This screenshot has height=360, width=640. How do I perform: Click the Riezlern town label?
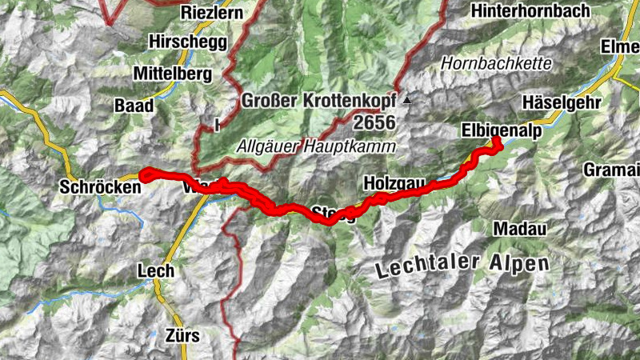[x=213, y=13]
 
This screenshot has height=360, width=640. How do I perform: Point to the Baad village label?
[x=133, y=105]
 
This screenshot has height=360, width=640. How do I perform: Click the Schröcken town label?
[x=100, y=186]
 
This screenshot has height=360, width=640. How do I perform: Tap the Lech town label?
[x=155, y=270]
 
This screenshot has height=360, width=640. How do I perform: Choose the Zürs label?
[x=180, y=334]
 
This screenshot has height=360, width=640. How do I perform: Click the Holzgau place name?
[x=392, y=182]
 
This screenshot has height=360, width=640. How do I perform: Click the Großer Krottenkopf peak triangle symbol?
[x=407, y=101]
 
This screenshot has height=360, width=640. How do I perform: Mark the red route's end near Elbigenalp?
[x=497, y=140]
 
